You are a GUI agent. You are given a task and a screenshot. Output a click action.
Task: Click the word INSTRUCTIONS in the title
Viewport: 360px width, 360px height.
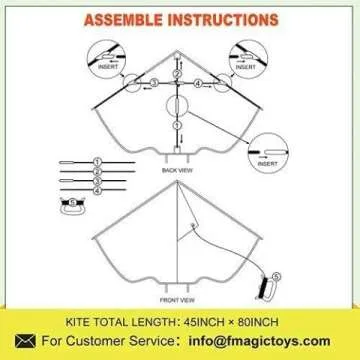pyautogui.click(x=228, y=19)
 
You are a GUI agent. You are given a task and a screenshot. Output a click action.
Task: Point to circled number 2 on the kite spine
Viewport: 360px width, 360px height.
pyautogui.click(x=176, y=72)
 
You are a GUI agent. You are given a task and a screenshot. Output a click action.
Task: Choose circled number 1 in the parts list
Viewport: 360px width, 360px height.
pyautogui.click(x=98, y=161)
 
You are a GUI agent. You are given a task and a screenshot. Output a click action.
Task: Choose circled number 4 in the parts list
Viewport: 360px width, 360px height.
pyautogui.click(x=98, y=190)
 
